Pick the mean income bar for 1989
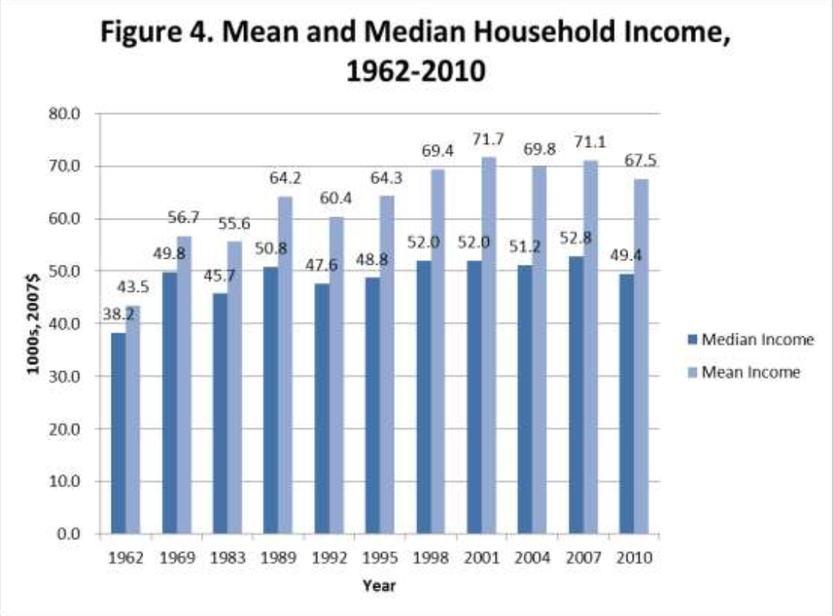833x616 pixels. click(285, 365)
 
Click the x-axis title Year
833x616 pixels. click(380, 586)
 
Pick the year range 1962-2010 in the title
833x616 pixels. click(416, 72)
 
